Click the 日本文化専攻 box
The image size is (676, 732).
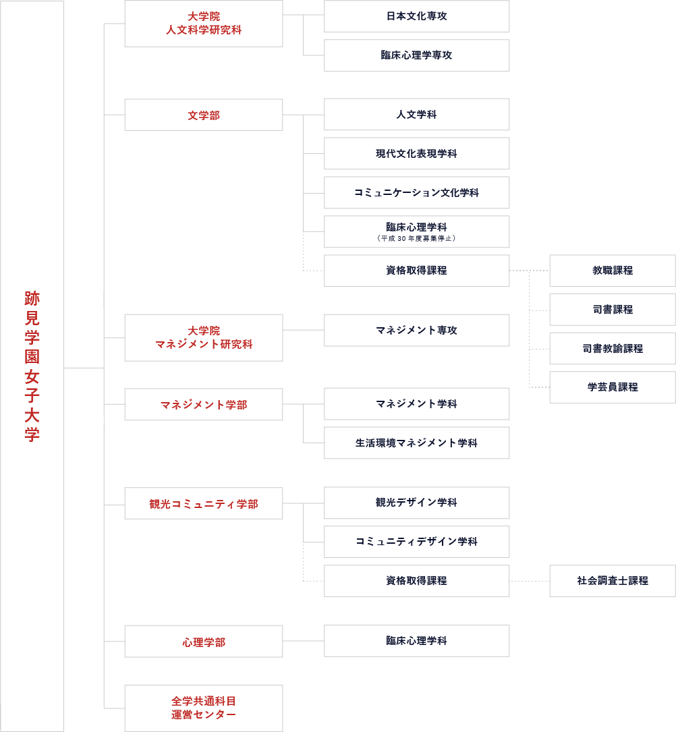click(x=416, y=16)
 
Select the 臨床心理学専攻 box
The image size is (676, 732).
click(x=416, y=55)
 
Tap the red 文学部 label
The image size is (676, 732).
click(x=203, y=115)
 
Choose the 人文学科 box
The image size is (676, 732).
click(x=416, y=115)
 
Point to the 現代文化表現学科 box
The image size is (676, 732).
click(x=416, y=154)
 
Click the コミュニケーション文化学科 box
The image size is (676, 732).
click(x=416, y=193)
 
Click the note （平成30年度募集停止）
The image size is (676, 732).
click(x=416, y=238)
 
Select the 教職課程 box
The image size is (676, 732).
click(x=612, y=271)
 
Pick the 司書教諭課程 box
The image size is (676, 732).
click(x=612, y=349)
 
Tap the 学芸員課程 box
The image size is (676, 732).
click(x=612, y=387)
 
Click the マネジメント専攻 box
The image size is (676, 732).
click(x=416, y=331)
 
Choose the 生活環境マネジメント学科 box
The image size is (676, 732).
click(x=416, y=443)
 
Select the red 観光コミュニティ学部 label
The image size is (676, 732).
click(x=203, y=504)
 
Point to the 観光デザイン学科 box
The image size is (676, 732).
click(x=416, y=503)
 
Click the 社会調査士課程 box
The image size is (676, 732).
click(x=612, y=581)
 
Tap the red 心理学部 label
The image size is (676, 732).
click(x=203, y=642)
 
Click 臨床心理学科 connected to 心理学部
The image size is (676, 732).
click(x=416, y=641)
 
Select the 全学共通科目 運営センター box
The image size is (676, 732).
click(x=203, y=708)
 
